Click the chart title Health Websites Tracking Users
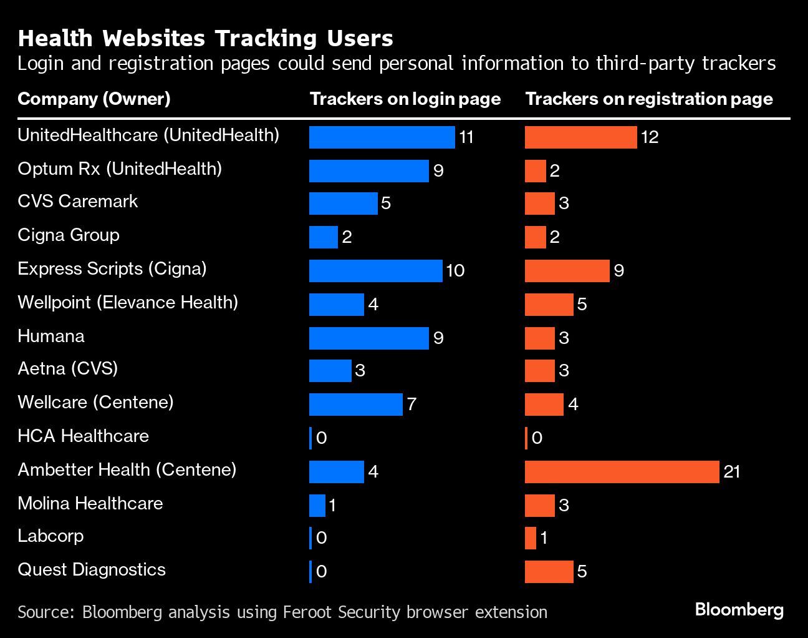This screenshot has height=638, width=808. click(206, 38)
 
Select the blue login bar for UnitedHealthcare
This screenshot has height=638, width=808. click(382, 137)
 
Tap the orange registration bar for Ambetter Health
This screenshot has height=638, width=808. click(622, 471)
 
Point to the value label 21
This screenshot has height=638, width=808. click(732, 471)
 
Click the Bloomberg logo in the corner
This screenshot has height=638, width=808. click(739, 609)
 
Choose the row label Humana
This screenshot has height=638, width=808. click(51, 336)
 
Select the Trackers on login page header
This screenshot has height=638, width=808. click(405, 99)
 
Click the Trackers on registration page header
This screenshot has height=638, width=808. click(649, 99)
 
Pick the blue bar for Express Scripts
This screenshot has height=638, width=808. click(375, 271)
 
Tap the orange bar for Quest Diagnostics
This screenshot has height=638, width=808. click(549, 572)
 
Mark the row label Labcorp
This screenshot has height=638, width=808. click(50, 536)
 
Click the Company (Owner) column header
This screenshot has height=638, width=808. click(94, 99)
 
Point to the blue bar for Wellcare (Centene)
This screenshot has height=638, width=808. click(355, 405)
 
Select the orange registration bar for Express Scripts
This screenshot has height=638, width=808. click(567, 271)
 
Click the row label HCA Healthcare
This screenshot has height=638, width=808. click(84, 436)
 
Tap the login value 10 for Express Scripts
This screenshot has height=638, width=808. click(455, 271)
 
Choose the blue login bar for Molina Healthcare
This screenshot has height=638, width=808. click(317, 506)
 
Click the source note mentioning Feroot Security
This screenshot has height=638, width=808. click(282, 612)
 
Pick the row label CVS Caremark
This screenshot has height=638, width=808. click(78, 202)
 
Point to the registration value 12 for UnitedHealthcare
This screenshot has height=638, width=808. click(650, 137)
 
